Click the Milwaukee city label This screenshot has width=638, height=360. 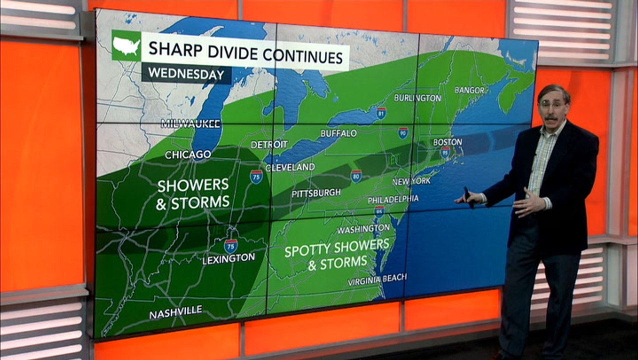184,123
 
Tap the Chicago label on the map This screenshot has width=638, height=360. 188,154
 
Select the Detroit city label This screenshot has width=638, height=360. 269,144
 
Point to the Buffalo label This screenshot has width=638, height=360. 338,133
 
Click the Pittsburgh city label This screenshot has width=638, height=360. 316,192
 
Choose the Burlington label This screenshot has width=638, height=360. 417,98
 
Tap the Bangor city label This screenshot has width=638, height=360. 469,90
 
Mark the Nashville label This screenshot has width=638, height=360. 175,312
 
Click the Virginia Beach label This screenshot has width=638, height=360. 377,279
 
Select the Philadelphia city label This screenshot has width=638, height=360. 393,199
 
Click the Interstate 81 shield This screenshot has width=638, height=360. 381,112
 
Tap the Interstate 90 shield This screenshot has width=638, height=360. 403,132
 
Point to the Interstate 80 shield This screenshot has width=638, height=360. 356,175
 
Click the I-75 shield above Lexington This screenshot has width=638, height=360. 230,245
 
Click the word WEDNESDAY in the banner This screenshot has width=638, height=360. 186,73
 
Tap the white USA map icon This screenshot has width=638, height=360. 126,46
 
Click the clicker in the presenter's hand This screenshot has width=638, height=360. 468,196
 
